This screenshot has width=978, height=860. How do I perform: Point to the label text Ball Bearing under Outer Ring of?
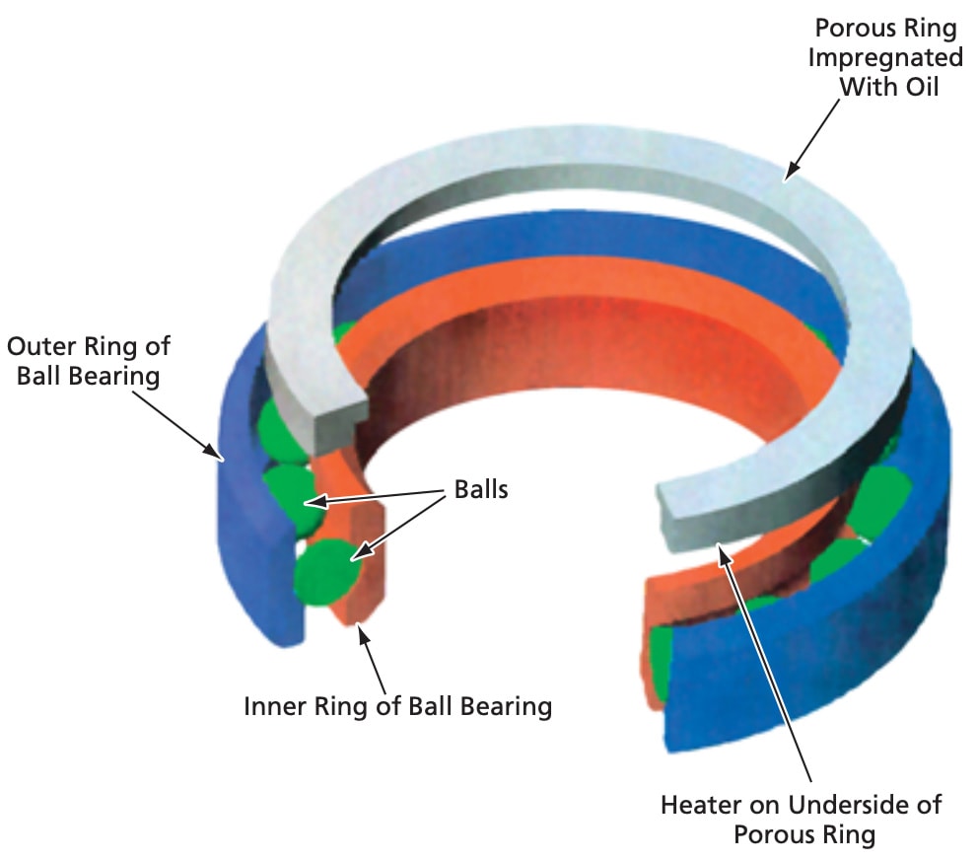(x=87, y=377)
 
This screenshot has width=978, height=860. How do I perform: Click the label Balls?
(x=481, y=488)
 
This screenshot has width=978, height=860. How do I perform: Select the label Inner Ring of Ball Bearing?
(x=397, y=706)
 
